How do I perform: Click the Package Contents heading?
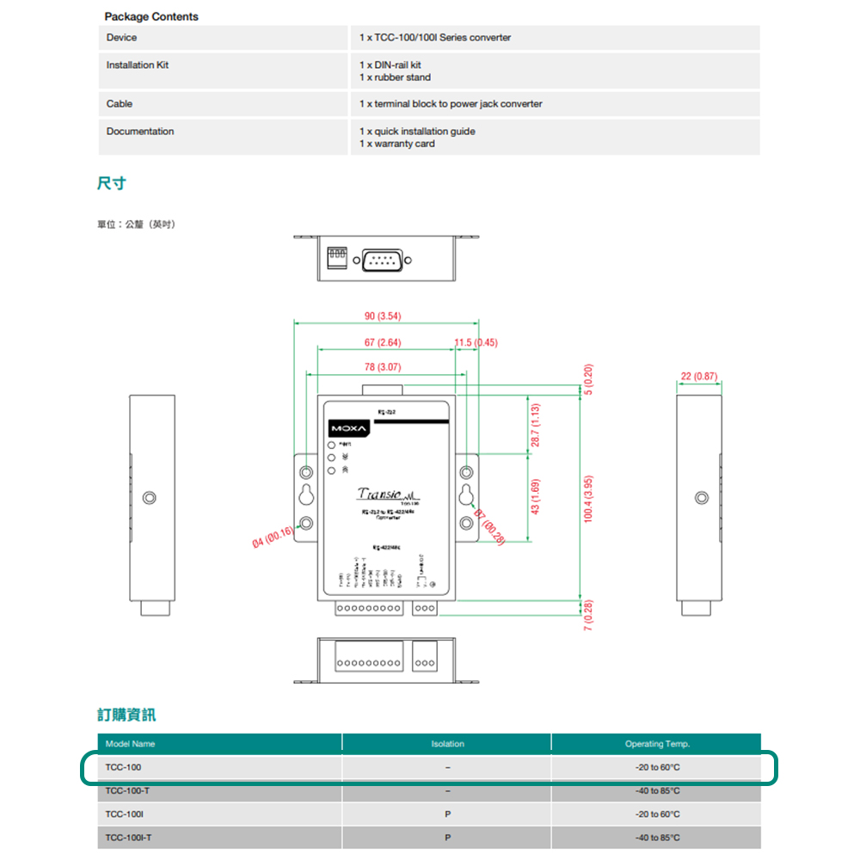151,16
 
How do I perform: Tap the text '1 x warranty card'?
397,144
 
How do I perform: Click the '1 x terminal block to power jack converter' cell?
451,104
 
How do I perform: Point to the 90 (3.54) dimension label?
383,316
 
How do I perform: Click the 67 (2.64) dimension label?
383,342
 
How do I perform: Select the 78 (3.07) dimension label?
383,367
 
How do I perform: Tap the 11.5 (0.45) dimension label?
476,342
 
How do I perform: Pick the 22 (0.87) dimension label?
698,376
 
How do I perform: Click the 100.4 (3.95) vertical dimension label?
589,499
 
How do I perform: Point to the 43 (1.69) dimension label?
535,496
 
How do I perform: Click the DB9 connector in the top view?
382,259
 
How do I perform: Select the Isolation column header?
447,744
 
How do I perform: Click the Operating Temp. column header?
657,744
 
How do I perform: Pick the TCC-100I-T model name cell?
127,838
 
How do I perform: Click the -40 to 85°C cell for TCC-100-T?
657,791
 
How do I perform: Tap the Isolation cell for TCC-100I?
447,814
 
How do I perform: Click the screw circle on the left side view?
150,498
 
